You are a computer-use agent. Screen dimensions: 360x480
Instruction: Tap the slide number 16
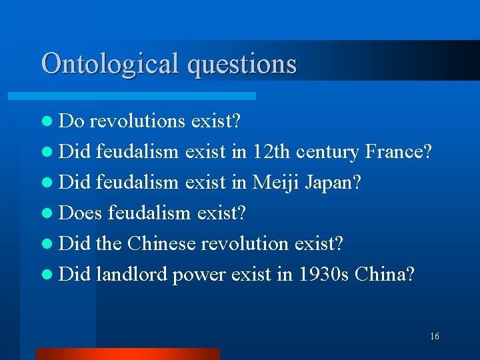[x=434, y=337]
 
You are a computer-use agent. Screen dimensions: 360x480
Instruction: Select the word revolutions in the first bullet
[x=137, y=121]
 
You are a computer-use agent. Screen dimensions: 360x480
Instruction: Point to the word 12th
[x=271, y=152]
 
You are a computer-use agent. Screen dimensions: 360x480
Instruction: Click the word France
[x=398, y=152]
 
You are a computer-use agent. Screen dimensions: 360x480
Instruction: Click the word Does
[x=81, y=213]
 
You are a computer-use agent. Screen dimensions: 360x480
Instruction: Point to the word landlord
[x=131, y=275]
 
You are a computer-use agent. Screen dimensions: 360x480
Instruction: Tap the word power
[x=199, y=275]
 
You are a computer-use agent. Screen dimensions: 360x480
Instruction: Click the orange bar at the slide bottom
[x=127, y=354]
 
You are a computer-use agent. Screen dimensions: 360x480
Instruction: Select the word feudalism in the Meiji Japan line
[x=137, y=183]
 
